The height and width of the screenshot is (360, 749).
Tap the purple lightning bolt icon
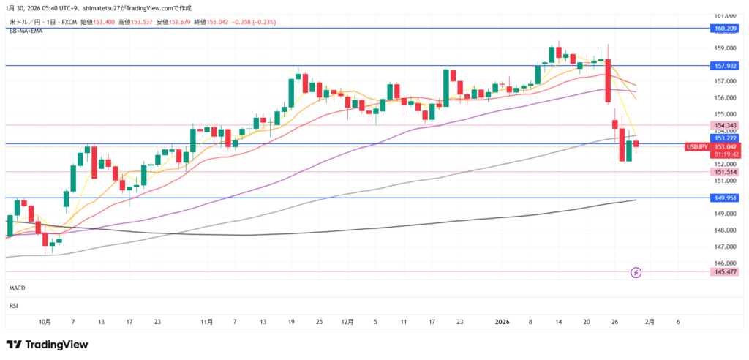[636, 272]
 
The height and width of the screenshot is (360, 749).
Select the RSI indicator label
[13, 307]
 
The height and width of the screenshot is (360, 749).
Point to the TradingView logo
[47, 344]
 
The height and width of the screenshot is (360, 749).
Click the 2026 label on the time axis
[502, 321]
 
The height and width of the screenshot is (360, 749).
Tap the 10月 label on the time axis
[45, 321]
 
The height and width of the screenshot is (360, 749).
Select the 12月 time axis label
[347, 321]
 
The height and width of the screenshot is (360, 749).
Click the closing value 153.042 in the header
[218, 23]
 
